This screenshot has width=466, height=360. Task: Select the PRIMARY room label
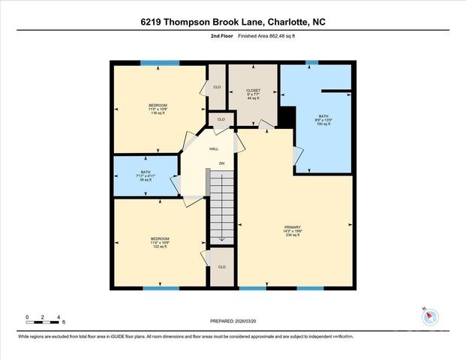[292, 229]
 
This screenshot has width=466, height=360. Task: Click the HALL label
[213, 149]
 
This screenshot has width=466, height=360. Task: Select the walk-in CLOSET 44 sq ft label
[253, 94]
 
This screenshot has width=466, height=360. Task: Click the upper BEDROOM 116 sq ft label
[158, 108]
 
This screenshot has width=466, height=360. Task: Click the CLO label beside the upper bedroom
[217, 87]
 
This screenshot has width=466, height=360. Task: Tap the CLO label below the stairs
[221, 266]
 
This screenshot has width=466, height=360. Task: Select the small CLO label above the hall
[221, 119]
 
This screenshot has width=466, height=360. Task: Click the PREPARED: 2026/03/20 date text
[233, 321]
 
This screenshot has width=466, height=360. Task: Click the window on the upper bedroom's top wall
[160, 63]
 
